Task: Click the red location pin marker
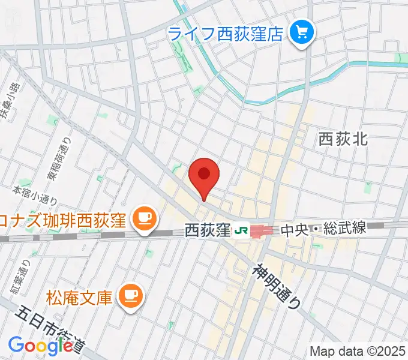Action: tap(204, 175)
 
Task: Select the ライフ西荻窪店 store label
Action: tap(226, 33)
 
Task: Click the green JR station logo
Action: tap(241, 229)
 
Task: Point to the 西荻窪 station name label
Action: tap(207, 229)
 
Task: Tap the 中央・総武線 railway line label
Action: tap(323, 229)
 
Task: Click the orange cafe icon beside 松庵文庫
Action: tap(130, 295)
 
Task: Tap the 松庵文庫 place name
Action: tap(79, 296)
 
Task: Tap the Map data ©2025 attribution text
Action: tap(358, 350)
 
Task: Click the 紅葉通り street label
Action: tap(19, 277)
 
